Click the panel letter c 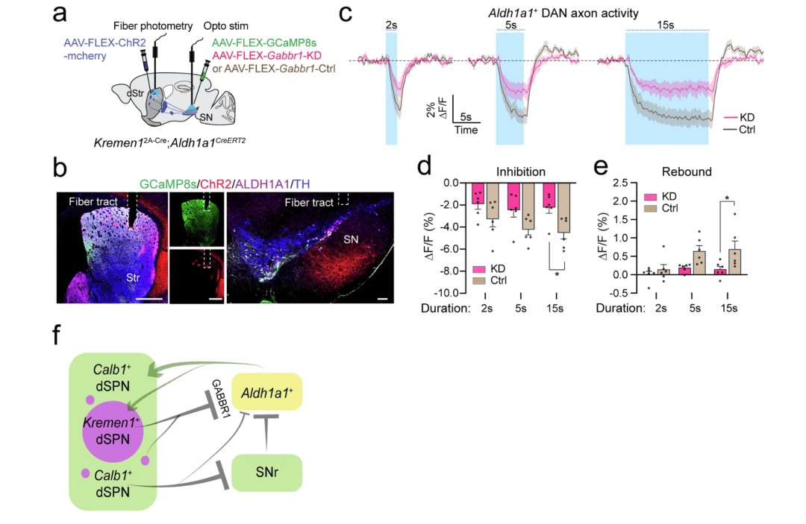click(x=346, y=14)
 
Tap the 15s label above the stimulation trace click(x=665, y=25)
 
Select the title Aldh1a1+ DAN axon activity click(x=563, y=13)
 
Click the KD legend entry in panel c click(x=739, y=118)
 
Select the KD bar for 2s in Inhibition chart click(x=478, y=194)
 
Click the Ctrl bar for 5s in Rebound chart click(x=699, y=263)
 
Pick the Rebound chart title click(x=687, y=171)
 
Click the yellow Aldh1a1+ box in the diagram click(x=266, y=392)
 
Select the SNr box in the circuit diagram click(x=266, y=473)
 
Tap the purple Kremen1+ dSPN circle click(x=113, y=432)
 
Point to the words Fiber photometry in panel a click(x=153, y=25)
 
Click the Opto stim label click(x=225, y=25)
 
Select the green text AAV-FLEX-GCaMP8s click(x=264, y=42)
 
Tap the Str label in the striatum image click(x=133, y=278)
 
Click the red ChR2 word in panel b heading click(x=216, y=183)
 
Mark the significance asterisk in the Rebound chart click(x=727, y=198)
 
